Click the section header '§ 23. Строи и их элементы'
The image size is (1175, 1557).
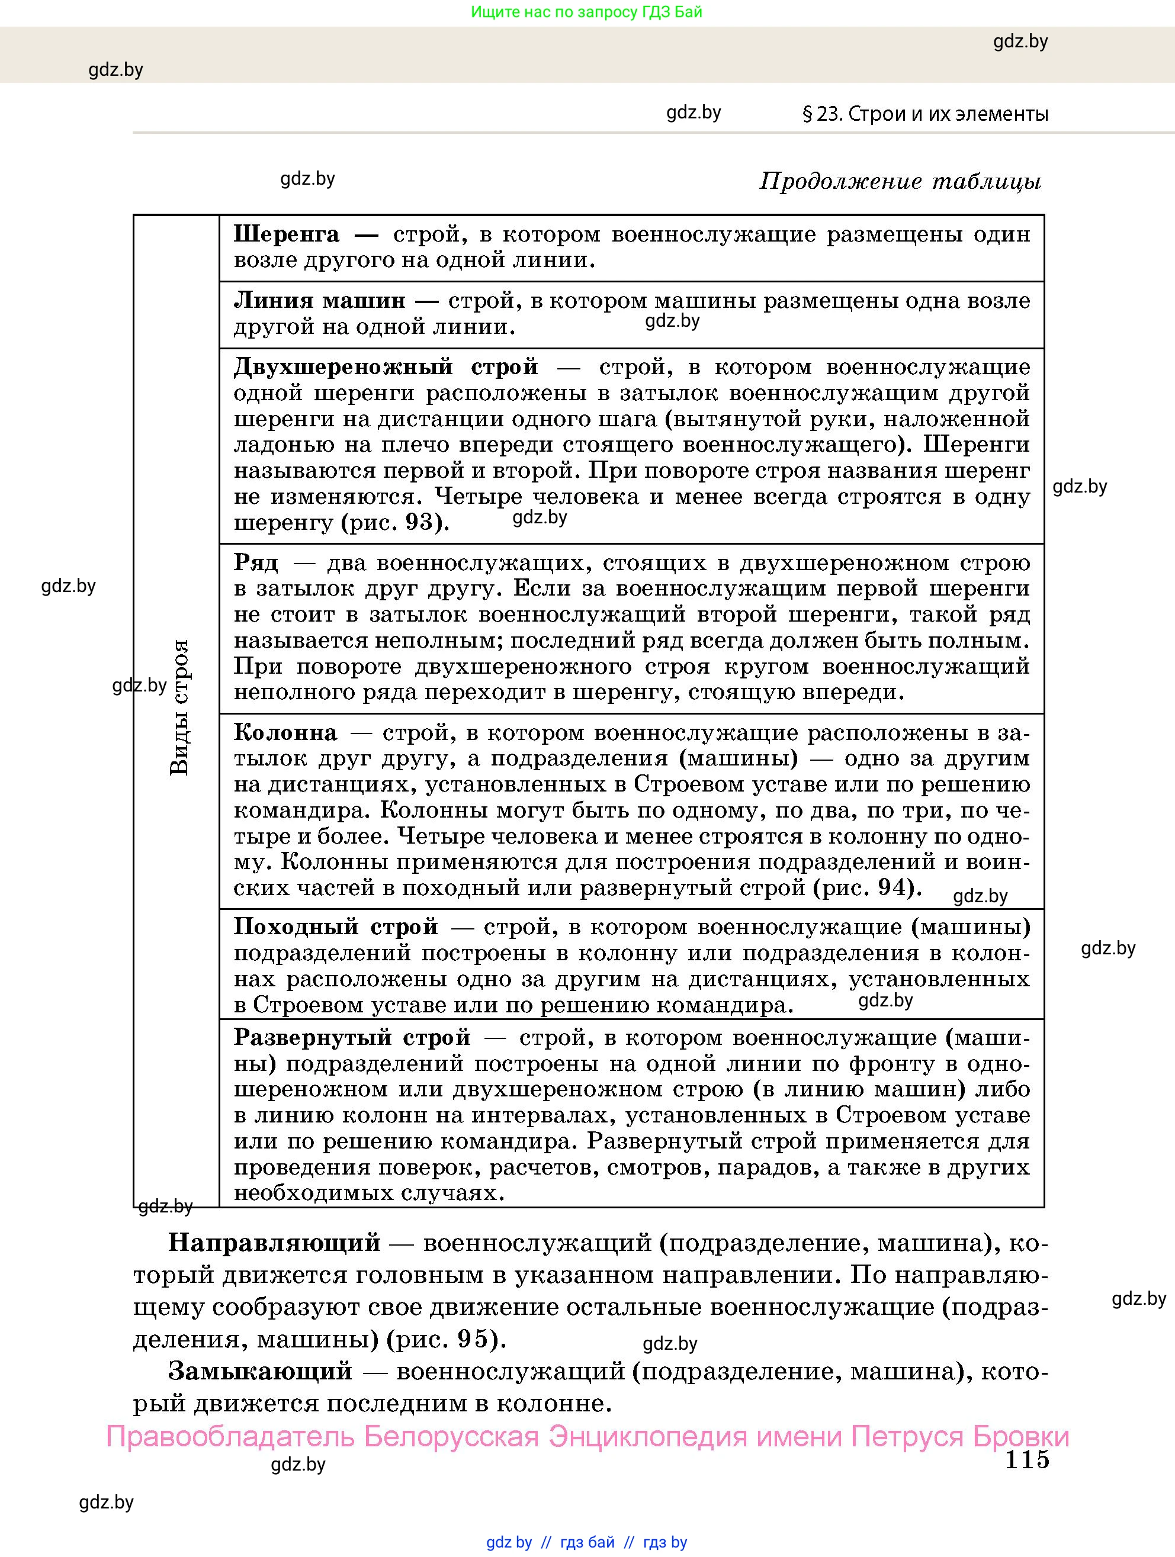[x=925, y=114]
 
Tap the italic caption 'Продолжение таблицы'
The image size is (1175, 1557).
[x=900, y=182]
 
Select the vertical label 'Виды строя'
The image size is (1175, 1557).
[x=180, y=707]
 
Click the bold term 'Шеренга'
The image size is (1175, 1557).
[x=287, y=234]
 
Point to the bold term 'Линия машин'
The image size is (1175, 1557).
[x=320, y=301]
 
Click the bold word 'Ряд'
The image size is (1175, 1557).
[x=256, y=563]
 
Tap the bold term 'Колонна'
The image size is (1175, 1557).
[x=285, y=733]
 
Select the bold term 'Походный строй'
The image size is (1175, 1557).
[x=336, y=927]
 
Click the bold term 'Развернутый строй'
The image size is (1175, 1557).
[x=352, y=1038]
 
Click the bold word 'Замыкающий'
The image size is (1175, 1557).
[x=260, y=1371]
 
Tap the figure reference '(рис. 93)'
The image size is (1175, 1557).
[x=395, y=523]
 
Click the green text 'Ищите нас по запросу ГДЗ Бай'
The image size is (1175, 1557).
[x=586, y=12]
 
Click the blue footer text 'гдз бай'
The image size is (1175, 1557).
[x=587, y=1542]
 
